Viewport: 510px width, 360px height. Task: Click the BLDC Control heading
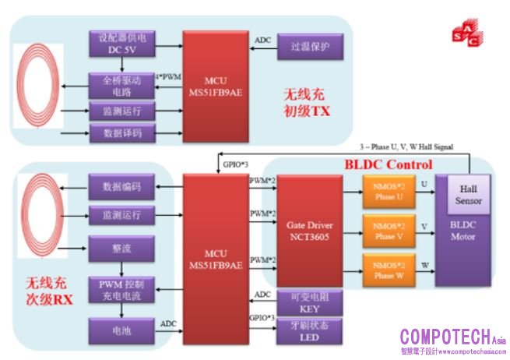point(388,165)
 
